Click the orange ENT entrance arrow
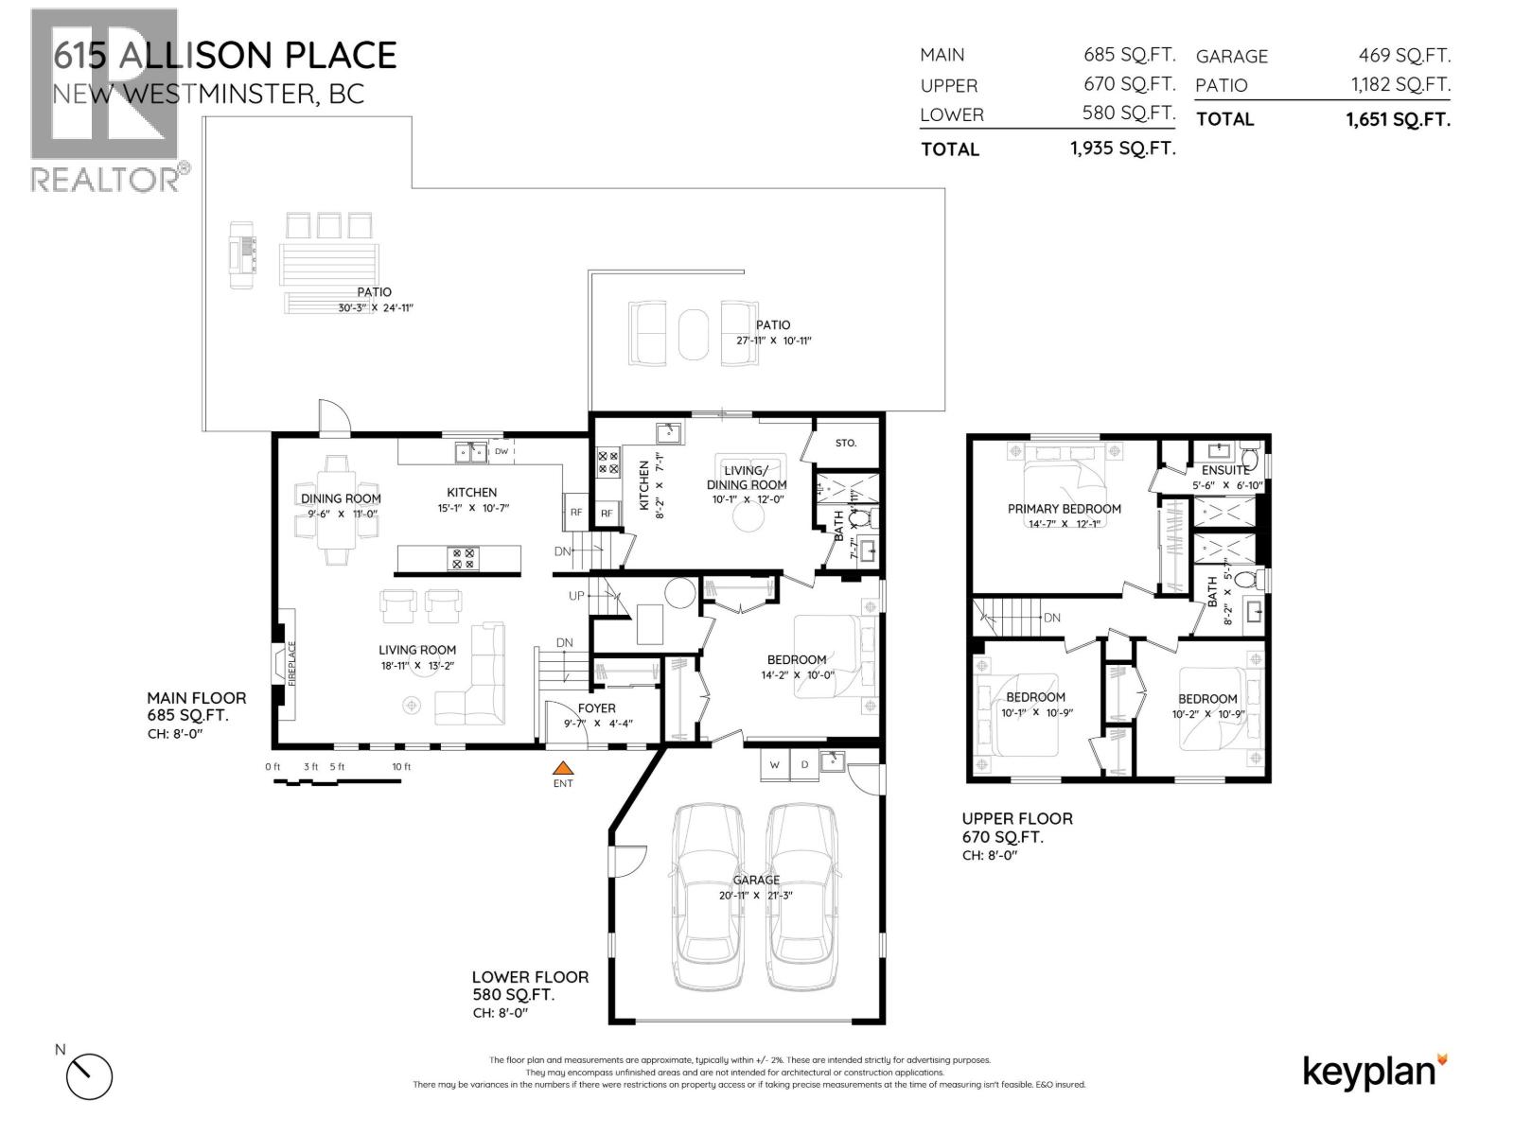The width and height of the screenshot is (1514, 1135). pyautogui.click(x=563, y=769)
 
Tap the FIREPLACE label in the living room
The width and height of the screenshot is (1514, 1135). pyautogui.click(x=292, y=664)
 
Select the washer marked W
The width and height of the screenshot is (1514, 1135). pyautogui.click(x=774, y=765)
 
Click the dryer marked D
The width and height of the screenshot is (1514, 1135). pyautogui.click(x=804, y=765)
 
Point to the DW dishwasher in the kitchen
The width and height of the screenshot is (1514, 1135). pyautogui.click(x=502, y=452)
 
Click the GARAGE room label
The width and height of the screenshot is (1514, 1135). pyautogui.click(x=756, y=880)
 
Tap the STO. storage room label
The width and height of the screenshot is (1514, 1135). pyautogui.click(x=845, y=442)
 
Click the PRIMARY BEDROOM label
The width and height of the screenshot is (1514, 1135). pyautogui.click(x=1064, y=509)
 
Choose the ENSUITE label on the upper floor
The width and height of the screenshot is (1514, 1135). pyautogui.click(x=1225, y=470)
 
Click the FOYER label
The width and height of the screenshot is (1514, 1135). pyautogui.click(x=596, y=707)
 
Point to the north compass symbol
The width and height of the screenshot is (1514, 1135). pyautogui.click(x=89, y=1075)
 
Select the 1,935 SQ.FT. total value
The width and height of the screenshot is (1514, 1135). pyautogui.click(x=1123, y=148)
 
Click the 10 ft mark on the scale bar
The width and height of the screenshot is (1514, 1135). pyautogui.click(x=401, y=766)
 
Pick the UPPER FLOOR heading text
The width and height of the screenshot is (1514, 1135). pyautogui.click(x=1017, y=819)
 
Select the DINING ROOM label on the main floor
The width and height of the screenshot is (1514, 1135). pyautogui.click(x=341, y=498)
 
